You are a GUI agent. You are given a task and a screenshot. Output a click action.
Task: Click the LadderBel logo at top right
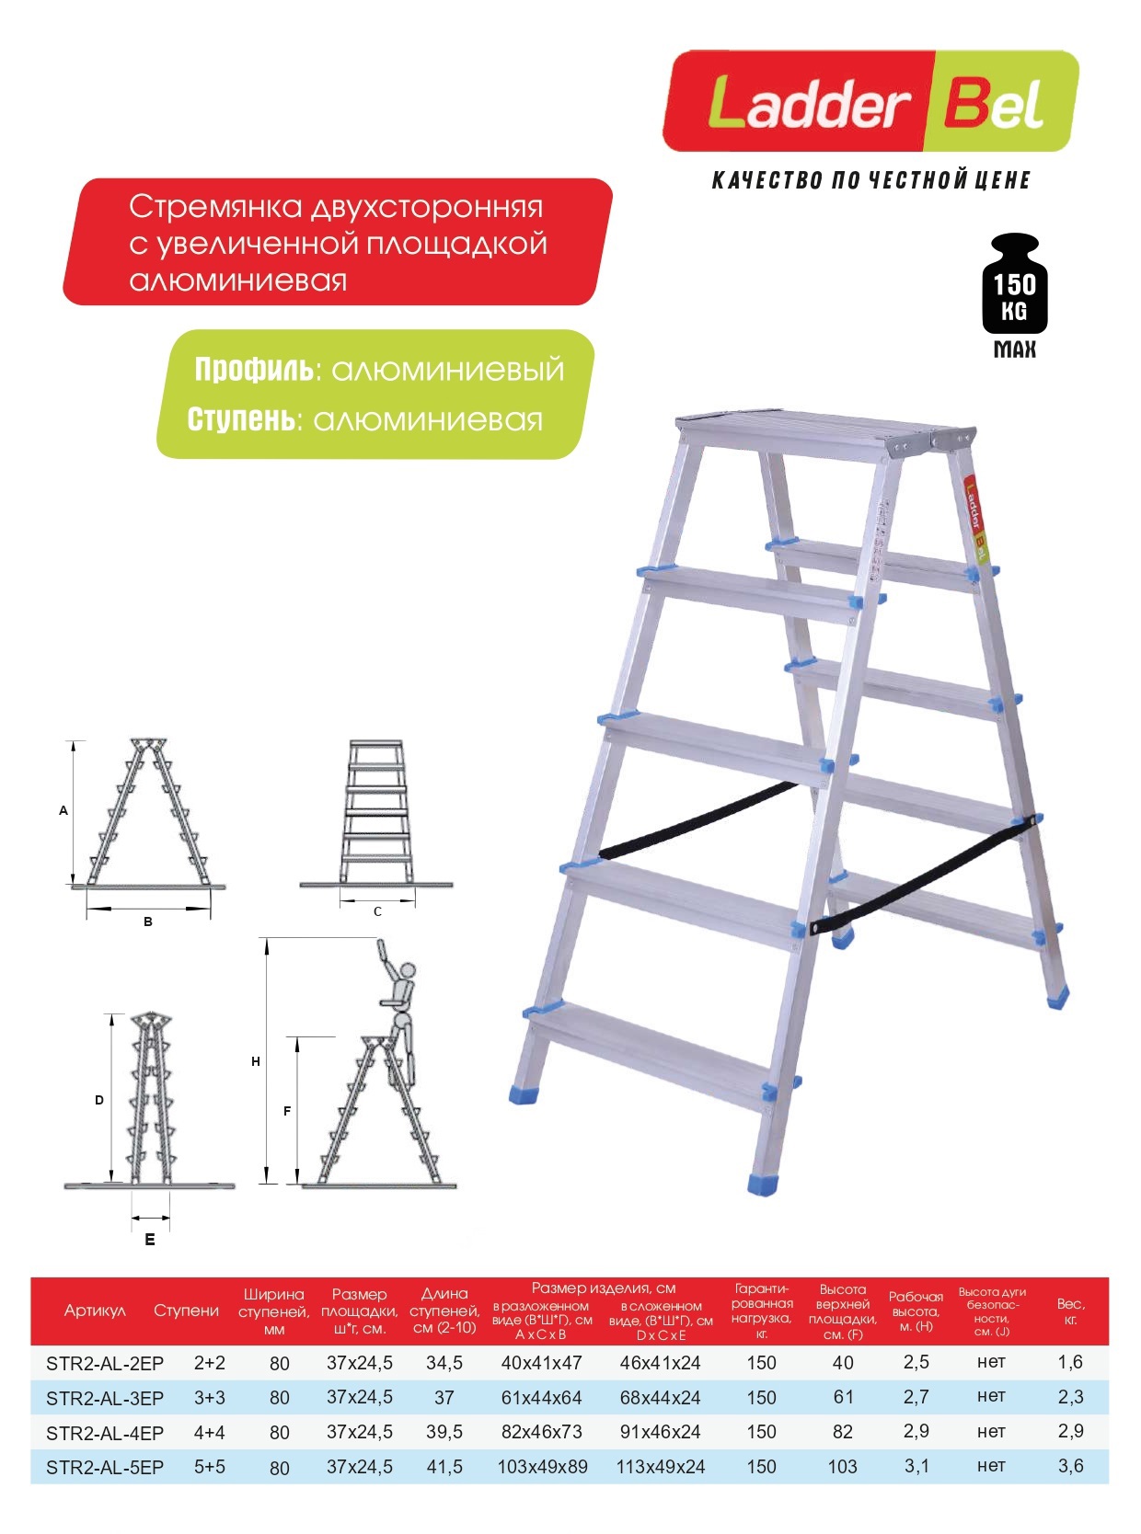click(870, 101)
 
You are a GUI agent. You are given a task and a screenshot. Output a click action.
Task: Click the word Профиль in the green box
click(254, 370)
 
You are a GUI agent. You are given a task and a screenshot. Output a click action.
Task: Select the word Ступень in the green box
click(244, 419)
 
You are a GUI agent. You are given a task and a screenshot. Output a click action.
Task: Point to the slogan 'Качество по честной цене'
click(870, 180)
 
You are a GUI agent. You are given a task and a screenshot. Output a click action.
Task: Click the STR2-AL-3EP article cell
click(105, 1398)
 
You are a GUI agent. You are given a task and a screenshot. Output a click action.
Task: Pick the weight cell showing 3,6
click(1070, 1466)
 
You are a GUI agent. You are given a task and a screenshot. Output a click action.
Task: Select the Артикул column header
click(95, 1311)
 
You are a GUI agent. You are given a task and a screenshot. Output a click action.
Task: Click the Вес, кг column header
click(1070, 1311)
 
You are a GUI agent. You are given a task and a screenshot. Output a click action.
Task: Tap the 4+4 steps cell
click(209, 1432)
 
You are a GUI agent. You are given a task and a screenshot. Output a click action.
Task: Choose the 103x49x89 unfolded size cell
click(542, 1467)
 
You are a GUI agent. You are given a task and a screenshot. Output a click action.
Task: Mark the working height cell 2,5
click(916, 1362)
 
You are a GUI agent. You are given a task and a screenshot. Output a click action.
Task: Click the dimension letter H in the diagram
click(256, 1061)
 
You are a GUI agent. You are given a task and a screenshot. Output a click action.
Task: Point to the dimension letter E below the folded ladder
click(150, 1240)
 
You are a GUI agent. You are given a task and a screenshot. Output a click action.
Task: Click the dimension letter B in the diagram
click(148, 922)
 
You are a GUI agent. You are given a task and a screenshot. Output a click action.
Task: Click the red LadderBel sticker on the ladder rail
click(975, 520)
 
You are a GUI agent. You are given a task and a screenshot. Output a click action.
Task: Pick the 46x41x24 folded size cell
click(660, 1363)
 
